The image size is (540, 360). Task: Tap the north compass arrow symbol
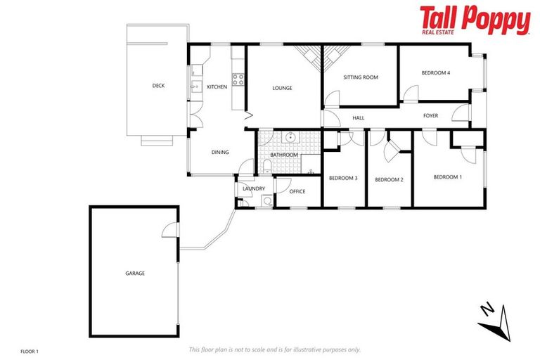pyautogui.click(x=494, y=320)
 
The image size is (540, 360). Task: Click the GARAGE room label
pyautogui.click(x=135, y=273)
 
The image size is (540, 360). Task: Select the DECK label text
pyautogui.click(x=158, y=86)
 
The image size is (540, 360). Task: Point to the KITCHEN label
pyautogui.click(x=217, y=86)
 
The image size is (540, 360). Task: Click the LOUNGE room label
pyautogui.click(x=282, y=88)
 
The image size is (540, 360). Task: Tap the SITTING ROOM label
pyautogui.click(x=361, y=77)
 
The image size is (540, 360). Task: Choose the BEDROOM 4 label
pyautogui.click(x=435, y=72)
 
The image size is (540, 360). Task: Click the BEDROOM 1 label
pyautogui.click(x=447, y=177)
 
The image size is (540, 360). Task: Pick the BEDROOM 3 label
pyautogui.click(x=343, y=178)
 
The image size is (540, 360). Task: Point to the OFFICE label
pyautogui.click(x=297, y=191)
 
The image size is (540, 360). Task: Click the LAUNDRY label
pyautogui.click(x=253, y=188)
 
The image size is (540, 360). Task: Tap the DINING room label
pyautogui.click(x=220, y=152)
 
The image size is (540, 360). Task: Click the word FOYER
pyautogui.click(x=430, y=115)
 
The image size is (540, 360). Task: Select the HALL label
pyautogui.click(x=359, y=117)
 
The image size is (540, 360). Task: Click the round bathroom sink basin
pyautogui.click(x=289, y=139)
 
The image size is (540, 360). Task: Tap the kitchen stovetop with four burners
pyautogui.click(x=238, y=79)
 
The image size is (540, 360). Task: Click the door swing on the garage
pyautogui.click(x=169, y=230)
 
